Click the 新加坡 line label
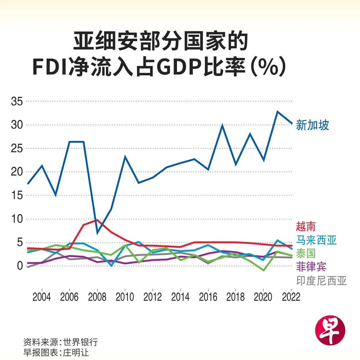312,125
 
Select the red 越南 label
306,226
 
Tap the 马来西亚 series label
316,240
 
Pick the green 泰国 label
306,253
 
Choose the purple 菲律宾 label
311,266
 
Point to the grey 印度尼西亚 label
321,281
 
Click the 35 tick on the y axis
17,102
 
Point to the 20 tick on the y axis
17,172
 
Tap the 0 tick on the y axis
20,266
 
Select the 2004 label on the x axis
42,297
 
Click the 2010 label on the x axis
125,297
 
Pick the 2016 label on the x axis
208,297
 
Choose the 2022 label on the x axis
291,297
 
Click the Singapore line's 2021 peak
277,111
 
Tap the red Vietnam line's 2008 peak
97,220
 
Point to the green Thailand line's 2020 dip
264,271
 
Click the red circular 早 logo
330,329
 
